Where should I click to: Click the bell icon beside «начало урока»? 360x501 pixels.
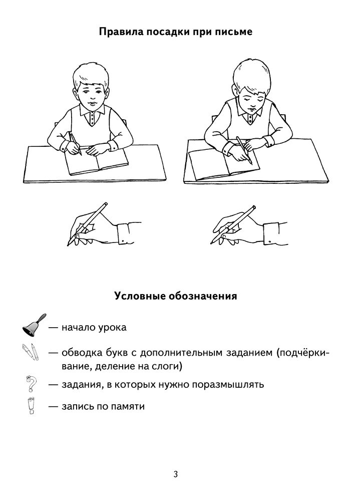click(x=34, y=325)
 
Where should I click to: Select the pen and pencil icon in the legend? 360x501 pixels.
click(x=31, y=352)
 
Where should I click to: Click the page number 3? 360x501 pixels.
click(x=175, y=474)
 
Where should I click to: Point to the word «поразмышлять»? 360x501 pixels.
click(x=228, y=384)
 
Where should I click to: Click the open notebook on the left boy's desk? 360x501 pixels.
click(x=97, y=162)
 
